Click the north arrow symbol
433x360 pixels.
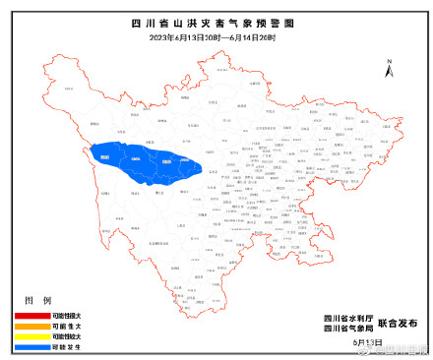pyautogui.click(x=390, y=70)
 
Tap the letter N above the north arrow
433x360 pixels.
pyautogui.click(x=390, y=58)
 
